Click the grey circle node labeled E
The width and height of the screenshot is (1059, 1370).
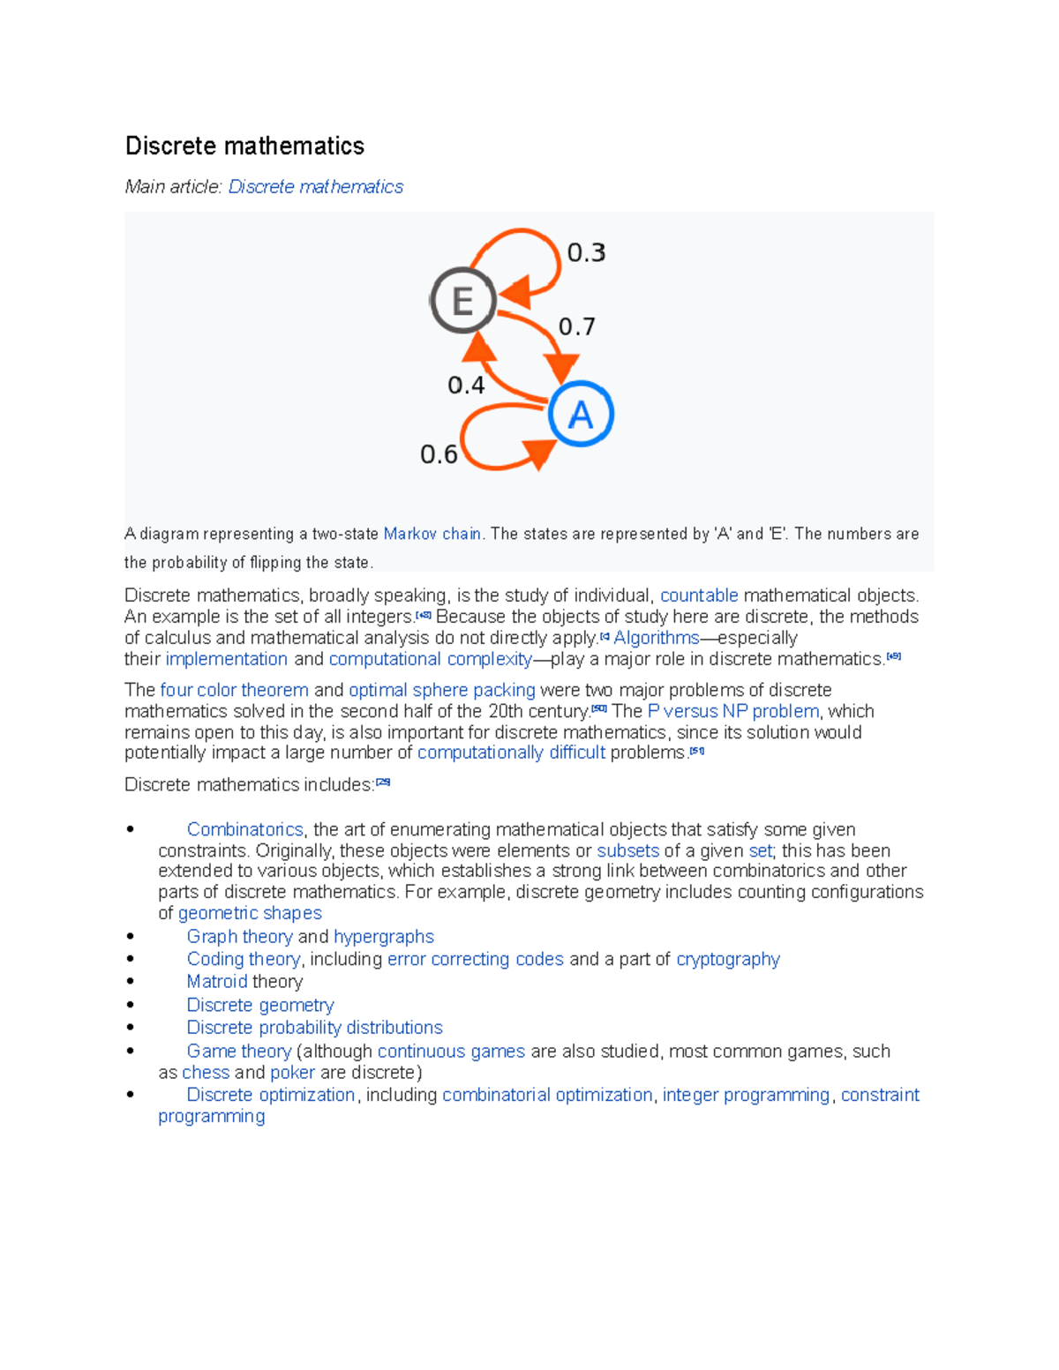point(462,300)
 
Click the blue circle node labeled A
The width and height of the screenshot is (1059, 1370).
point(580,414)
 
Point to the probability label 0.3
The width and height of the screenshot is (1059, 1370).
point(586,253)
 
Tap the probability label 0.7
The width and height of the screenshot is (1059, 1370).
point(576,327)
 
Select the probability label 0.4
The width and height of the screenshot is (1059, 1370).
point(466,386)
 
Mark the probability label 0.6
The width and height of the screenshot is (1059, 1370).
point(439,454)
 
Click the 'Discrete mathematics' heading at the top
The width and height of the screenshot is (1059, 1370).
point(244,146)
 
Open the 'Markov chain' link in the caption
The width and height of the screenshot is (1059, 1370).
point(432,534)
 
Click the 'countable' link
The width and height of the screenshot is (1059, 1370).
point(699,595)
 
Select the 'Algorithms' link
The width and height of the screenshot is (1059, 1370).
point(656,638)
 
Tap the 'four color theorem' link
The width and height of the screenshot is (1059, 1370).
point(234,690)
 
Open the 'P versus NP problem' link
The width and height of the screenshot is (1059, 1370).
point(732,711)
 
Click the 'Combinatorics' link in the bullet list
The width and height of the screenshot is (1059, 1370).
point(244,829)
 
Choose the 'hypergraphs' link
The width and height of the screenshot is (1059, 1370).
point(384,937)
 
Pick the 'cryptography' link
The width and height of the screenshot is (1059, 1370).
point(728,959)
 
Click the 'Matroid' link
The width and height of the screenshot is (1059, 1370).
point(217,982)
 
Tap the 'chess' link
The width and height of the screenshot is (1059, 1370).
point(206,1073)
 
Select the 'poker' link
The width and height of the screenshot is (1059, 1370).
point(292,1073)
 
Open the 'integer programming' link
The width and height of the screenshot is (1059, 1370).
point(746,1095)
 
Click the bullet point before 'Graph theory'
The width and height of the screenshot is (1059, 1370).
point(131,937)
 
